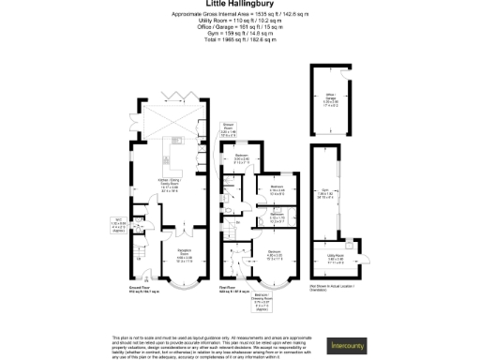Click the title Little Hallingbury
point(240,5)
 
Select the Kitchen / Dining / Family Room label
point(171,186)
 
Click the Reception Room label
point(184,260)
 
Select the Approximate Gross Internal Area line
point(239,13)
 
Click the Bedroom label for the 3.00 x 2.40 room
point(241,157)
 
